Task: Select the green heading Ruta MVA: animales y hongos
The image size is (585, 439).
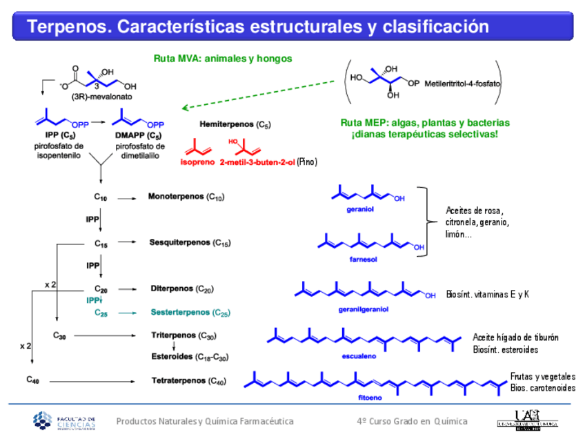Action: tap(222, 59)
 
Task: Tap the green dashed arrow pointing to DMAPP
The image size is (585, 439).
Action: tap(262, 95)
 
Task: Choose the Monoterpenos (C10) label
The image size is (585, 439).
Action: tap(186, 197)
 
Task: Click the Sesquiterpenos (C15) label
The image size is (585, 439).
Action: tap(190, 243)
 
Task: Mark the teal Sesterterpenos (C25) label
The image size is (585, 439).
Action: tap(190, 313)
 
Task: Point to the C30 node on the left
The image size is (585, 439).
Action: tap(59, 335)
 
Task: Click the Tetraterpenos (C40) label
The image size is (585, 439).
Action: tap(188, 380)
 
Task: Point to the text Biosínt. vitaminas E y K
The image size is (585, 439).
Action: tap(488, 294)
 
